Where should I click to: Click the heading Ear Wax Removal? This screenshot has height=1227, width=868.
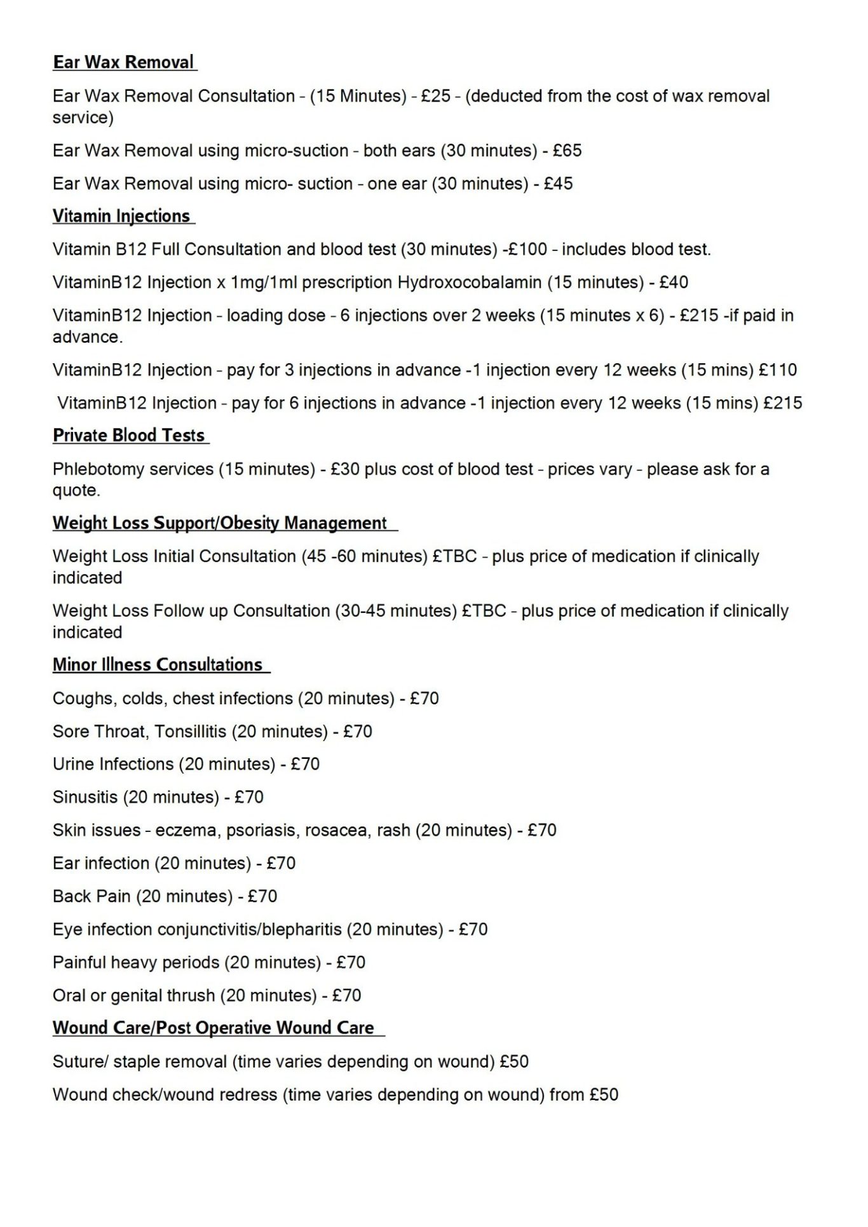[x=124, y=62]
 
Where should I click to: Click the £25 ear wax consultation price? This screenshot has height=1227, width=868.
[x=436, y=96]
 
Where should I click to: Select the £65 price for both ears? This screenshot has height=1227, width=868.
[x=567, y=151]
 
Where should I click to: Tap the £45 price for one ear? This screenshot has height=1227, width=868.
[x=559, y=184]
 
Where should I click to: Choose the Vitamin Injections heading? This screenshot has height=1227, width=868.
[x=121, y=216]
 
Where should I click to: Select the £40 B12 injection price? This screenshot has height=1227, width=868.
[x=674, y=282]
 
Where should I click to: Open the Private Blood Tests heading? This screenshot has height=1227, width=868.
[x=129, y=436]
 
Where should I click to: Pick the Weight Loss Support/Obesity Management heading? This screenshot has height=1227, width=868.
[x=220, y=523]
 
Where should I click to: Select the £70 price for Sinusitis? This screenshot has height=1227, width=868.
[x=249, y=797]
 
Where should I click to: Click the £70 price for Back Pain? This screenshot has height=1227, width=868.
[x=262, y=896]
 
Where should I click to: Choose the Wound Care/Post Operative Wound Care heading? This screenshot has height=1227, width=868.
[x=214, y=1028]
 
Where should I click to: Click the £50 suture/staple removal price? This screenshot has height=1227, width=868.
[x=514, y=1062]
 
